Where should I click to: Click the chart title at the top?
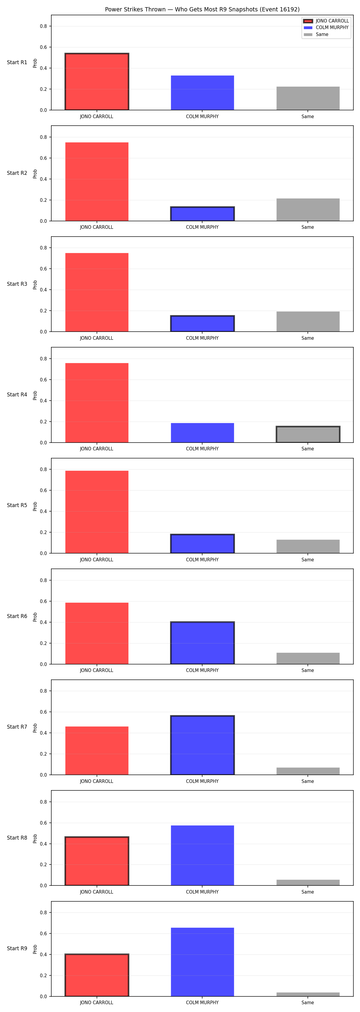pyautogui.click(x=202, y=9)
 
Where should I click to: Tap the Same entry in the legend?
pyautogui.click(x=316, y=34)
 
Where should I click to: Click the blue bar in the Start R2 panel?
pyautogui.click(x=202, y=214)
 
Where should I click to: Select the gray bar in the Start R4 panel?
pyautogui.click(x=308, y=434)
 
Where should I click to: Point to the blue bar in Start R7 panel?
pyautogui.click(x=202, y=745)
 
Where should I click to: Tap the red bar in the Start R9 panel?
pyautogui.click(x=97, y=975)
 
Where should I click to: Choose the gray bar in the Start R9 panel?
pyautogui.click(x=308, y=994)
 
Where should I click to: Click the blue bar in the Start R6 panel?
pyautogui.click(x=202, y=643)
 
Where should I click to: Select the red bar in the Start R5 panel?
pyautogui.click(x=97, y=512)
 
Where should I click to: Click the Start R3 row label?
pyautogui.click(x=17, y=284)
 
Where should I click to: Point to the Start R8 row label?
pyautogui.click(x=17, y=837)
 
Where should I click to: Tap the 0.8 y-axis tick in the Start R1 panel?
pyautogui.click(x=43, y=26)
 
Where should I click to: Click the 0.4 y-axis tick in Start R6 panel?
pyautogui.click(x=43, y=622)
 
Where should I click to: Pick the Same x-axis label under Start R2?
pyautogui.click(x=308, y=227)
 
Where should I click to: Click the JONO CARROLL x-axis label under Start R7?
pyautogui.click(x=97, y=781)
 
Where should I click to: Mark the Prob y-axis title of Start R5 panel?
pyautogui.click(x=35, y=506)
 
